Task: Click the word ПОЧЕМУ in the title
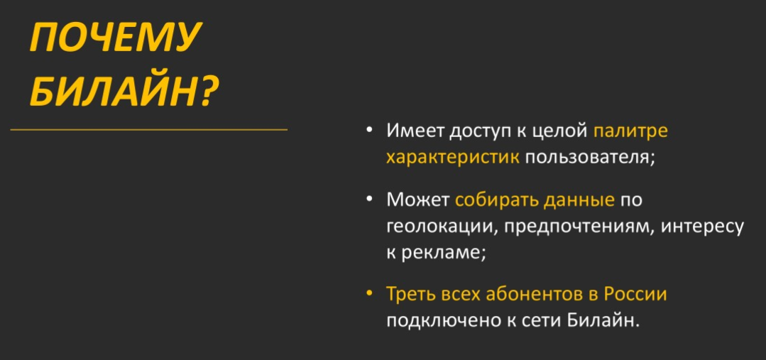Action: [115, 37]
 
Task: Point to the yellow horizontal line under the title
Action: [148, 130]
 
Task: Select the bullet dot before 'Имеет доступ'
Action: [369, 130]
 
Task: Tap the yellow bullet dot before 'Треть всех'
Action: [369, 294]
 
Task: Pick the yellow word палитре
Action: [630, 131]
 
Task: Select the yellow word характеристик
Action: [452, 158]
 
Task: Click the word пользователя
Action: [586, 158]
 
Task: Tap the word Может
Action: [417, 200]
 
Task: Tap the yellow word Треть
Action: [411, 295]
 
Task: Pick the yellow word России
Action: [635, 295]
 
